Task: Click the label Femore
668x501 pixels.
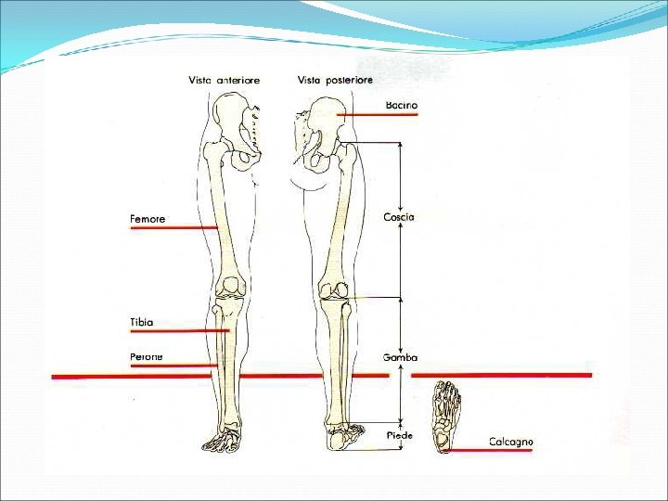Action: tap(148, 219)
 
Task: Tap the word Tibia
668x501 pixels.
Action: tap(141, 322)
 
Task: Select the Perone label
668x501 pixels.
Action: tap(146, 356)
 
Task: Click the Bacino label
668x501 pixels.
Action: tap(402, 106)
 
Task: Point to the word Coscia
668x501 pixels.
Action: tap(399, 217)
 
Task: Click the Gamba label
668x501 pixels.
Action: tap(400, 357)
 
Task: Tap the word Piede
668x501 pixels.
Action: tap(399, 435)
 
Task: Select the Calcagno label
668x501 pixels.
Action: tap(511, 443)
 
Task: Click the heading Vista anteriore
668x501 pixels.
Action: tap(225, 81)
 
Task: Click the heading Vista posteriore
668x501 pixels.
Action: tap(335, 81)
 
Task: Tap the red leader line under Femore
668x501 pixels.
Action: tap(173, 227)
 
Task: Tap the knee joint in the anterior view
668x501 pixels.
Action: tap(229, 289)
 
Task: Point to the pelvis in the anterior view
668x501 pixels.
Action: tap(236, 125)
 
